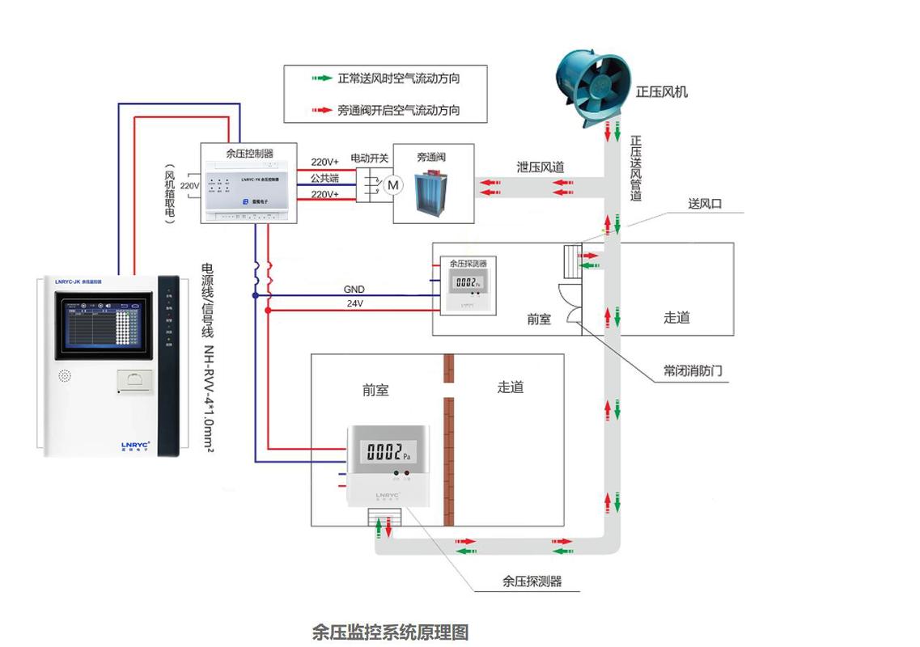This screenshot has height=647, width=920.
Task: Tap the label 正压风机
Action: tap(661, 92)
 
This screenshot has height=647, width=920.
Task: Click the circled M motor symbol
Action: tap(393, 185)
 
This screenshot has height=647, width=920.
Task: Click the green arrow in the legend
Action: tap(322, 79)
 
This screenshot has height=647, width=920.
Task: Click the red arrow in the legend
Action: tap(322, 110)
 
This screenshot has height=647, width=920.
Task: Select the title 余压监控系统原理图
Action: tap(390, 632)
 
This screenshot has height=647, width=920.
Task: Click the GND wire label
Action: tap(354, 289)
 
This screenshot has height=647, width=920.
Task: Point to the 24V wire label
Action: tap(354, 304)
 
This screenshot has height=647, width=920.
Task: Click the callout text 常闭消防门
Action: tap(693, 371)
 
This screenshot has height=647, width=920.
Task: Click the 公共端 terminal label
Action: tap(324, 178)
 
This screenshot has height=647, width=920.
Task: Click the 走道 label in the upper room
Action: tap(676, 318)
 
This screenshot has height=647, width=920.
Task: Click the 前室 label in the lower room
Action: tap(375, 390)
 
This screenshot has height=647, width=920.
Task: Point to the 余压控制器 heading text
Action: tap(248, 153)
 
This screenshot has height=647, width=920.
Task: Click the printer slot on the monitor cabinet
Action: tap(134, 380)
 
